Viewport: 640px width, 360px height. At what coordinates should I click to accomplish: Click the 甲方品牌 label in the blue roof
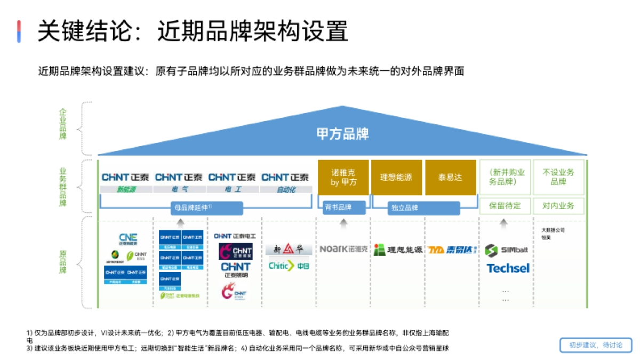343,133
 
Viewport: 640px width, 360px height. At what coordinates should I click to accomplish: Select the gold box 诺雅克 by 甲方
343,178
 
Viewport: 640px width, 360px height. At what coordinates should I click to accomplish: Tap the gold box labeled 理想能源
396,178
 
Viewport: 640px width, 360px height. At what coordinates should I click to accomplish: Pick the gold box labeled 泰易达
450,178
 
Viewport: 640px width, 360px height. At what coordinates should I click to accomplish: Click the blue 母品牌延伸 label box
206,207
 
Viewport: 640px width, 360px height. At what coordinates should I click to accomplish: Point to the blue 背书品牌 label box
343,207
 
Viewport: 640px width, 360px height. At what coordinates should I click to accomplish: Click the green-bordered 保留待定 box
505,206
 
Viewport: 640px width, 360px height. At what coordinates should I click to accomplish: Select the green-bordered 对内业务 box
558,206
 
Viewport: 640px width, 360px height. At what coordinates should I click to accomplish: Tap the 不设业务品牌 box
558,177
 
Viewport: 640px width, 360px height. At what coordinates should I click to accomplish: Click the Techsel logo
508,268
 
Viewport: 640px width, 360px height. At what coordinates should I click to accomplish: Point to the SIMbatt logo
507,250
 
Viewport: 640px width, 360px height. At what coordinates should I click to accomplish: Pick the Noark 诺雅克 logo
343,249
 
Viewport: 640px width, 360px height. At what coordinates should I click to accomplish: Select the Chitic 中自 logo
289,266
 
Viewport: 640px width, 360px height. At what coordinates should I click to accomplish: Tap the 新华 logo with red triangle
289,249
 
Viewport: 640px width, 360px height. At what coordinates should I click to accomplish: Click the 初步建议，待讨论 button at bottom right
596,345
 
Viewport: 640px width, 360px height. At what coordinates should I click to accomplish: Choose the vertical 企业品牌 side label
63,124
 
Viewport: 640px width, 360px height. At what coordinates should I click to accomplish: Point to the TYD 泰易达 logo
451,249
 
